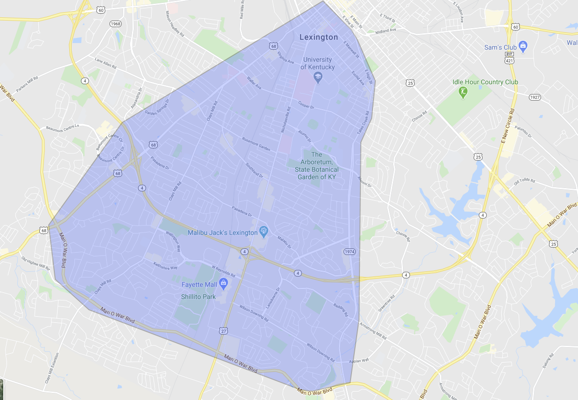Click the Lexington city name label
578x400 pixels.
(x=318, y=37)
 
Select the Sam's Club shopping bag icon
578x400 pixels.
(x=523, y=46)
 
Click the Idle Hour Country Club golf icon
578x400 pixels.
(x=463, y=92)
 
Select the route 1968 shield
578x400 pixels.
(x=116, y=23)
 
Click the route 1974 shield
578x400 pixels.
(x=350, y=252)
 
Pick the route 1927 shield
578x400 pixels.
(x=535, y=97)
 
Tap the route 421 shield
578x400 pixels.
(x=510, y=61)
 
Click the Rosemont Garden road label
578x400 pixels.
(x=256, y=144)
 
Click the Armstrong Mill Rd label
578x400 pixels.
(x=373, y=331)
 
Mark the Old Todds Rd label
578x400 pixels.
(x=524, y=181)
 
